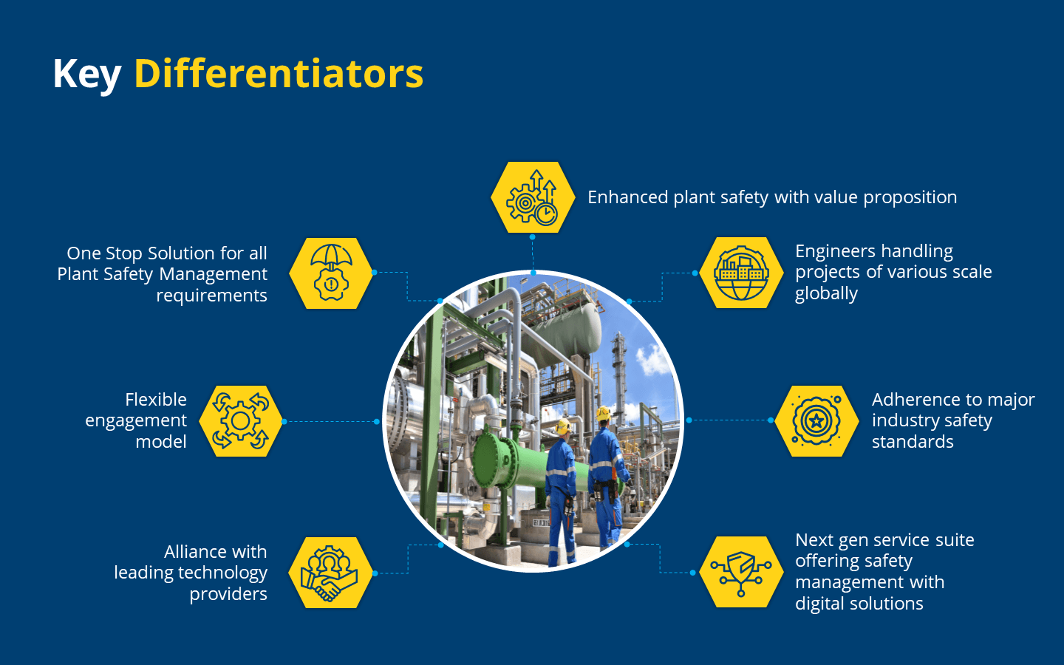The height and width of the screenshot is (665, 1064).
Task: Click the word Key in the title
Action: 86,74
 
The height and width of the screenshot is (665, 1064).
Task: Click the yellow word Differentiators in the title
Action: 279,74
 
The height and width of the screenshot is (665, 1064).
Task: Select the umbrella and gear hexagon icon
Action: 331,273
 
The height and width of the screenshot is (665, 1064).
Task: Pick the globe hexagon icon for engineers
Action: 741,273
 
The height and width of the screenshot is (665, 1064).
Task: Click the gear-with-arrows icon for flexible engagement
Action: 240,421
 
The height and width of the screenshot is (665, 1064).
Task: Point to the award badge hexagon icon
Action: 816,420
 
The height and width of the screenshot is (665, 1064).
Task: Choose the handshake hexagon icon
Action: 330,573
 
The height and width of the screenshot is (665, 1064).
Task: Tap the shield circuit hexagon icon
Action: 741,572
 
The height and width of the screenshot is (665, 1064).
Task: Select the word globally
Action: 826,294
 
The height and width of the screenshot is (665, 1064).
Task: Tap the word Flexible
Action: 156,400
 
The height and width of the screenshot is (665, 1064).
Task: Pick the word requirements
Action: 211,296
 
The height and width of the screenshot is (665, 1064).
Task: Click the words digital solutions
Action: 859,604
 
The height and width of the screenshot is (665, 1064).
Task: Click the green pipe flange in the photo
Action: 489,462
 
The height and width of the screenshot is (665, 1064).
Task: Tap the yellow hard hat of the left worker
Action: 563,426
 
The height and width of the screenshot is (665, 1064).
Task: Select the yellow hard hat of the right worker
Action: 604,413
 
